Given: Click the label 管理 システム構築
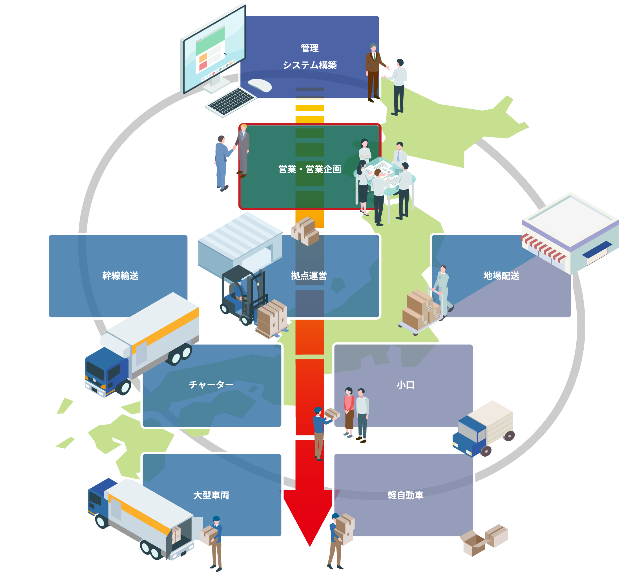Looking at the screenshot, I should tap(309, 57).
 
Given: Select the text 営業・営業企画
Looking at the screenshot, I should tap(309, 169).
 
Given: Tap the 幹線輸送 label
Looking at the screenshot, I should tap(120, 276).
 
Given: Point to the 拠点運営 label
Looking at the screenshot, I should tap(309, 276).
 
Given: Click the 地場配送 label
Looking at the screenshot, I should tap(501, 276).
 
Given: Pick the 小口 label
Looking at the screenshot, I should tap(405, 385).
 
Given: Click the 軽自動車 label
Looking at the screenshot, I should tap(405, 495).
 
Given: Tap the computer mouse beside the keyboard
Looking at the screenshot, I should tap(260, 85).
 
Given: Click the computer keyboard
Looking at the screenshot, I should tap(231, 101).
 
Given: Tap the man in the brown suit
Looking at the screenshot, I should tap(373, 72).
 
